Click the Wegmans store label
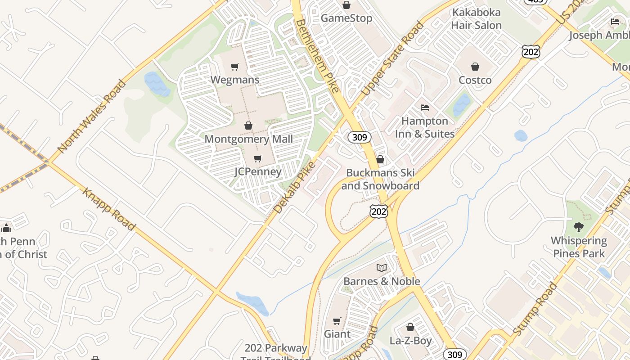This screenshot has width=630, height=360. [x=235, y=80]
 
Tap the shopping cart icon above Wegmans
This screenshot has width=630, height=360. [x=234, y=67]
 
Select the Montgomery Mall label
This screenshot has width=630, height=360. [x=248, y=139]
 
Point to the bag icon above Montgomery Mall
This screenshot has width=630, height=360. [x=248, y=126]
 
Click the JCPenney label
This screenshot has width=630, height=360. [x=258, y=171]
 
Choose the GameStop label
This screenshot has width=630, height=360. [x=346, y=18]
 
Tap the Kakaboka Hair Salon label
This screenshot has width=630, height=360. [x=476, y=19]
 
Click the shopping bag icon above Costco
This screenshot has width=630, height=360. [x=475, y=67]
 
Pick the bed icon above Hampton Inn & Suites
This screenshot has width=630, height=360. [x=425, y=108]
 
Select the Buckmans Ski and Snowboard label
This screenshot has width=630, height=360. [x=380, y=179]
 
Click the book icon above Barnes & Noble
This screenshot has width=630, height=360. [x=382, y=268]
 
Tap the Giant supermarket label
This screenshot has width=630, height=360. [x=337, y=334]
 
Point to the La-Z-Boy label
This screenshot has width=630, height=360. [x=410, y=341]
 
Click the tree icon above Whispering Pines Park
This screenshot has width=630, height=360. [x=579, y=227]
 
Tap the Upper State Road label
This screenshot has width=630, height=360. [x=392, y=58]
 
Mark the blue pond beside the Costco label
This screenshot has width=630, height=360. [x=461, y=105]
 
